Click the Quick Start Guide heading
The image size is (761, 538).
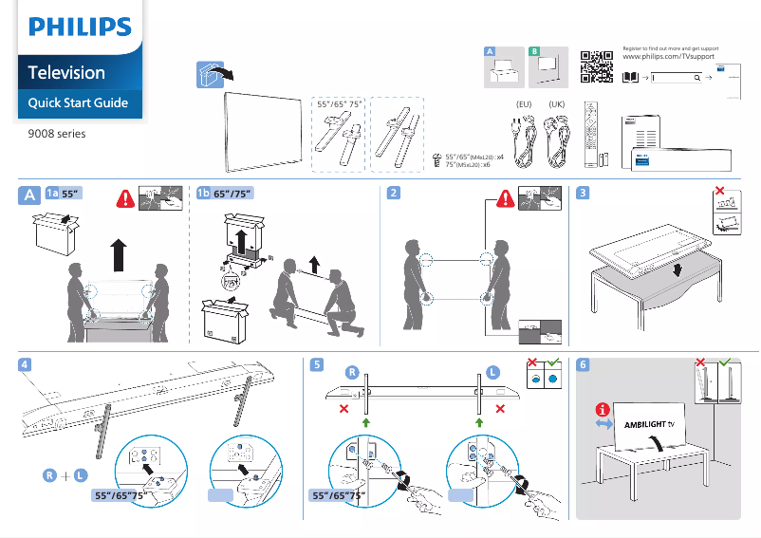click(78, 102)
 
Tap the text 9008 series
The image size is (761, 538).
click(57, 134)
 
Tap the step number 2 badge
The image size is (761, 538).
click(394, 193)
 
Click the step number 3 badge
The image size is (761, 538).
click(583, 193)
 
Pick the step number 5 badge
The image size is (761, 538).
click(316, 363)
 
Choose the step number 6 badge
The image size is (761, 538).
click(583, 363)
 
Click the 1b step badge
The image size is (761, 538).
click(202, 193)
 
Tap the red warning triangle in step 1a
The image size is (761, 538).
click(124, 199)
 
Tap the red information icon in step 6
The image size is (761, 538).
click(601, 410)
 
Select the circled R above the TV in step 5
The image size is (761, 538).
click(351, 372)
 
